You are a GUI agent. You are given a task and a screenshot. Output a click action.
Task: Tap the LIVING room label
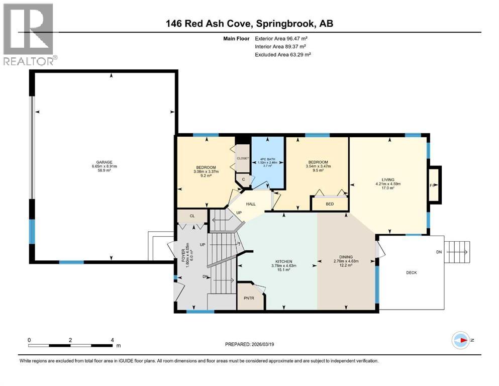coord(387,179)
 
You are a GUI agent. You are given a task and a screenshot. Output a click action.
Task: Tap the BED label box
coord(330,204)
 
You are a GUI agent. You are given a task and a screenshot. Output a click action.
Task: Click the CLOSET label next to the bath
coord(243,158)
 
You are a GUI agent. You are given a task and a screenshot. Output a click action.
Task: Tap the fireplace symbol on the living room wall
coord(434,185)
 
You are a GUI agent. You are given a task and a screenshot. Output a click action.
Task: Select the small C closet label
coord(243,179)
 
